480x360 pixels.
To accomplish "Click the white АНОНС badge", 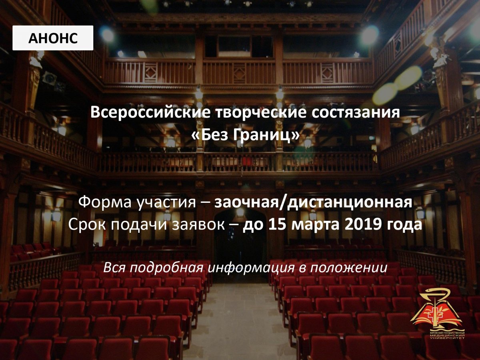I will coord(53,38).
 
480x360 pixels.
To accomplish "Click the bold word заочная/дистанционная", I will coord(313,202).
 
